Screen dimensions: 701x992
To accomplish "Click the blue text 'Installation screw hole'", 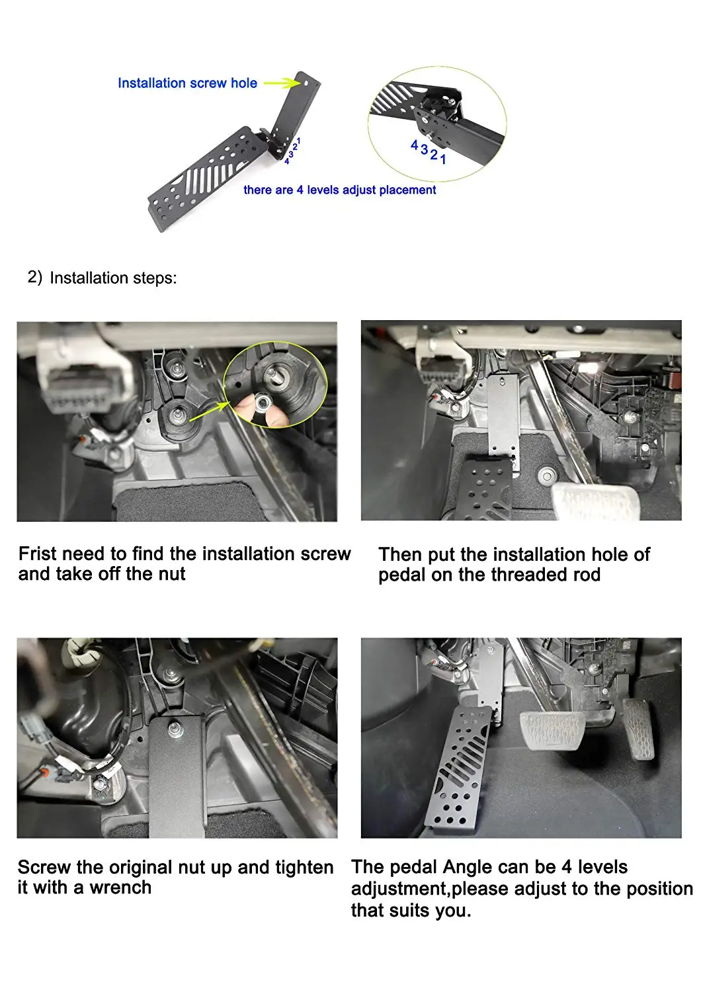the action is pyautogui.click(x=187, y=83).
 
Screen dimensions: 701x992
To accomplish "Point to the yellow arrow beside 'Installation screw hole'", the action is pyautogui.click(x=282, y=83).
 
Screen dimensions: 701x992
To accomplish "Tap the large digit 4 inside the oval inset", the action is pyautogui.click(x=414, y=145).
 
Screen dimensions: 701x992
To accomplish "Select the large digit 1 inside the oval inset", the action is pyautogui.click(x=443, y=159).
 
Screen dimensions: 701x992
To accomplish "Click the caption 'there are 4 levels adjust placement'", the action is pyautogui.click(x=340, y=190).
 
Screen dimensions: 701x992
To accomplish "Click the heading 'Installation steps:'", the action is pyautogui.click(x=113, y=278).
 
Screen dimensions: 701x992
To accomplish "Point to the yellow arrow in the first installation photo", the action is pyautogui.click(x=208, y=411).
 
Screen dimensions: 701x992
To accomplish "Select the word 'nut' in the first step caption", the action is pyautogui.click(x=170, y=574).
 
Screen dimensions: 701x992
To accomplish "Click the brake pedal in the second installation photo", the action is pyautogui.click(x=596, y=501).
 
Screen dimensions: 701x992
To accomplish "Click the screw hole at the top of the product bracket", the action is pyautogui.click(x=306, y=83).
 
